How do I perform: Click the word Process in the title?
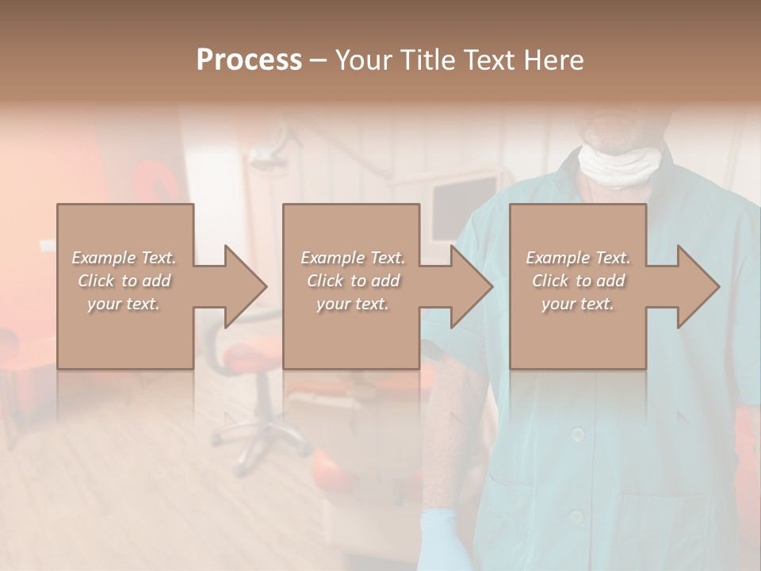249,60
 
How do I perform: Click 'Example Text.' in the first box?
124,258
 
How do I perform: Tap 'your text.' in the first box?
124,304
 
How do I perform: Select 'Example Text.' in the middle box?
353,258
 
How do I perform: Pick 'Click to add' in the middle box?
353,281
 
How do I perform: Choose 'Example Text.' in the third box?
578,258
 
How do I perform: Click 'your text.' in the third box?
578,304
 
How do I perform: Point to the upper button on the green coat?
578,433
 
